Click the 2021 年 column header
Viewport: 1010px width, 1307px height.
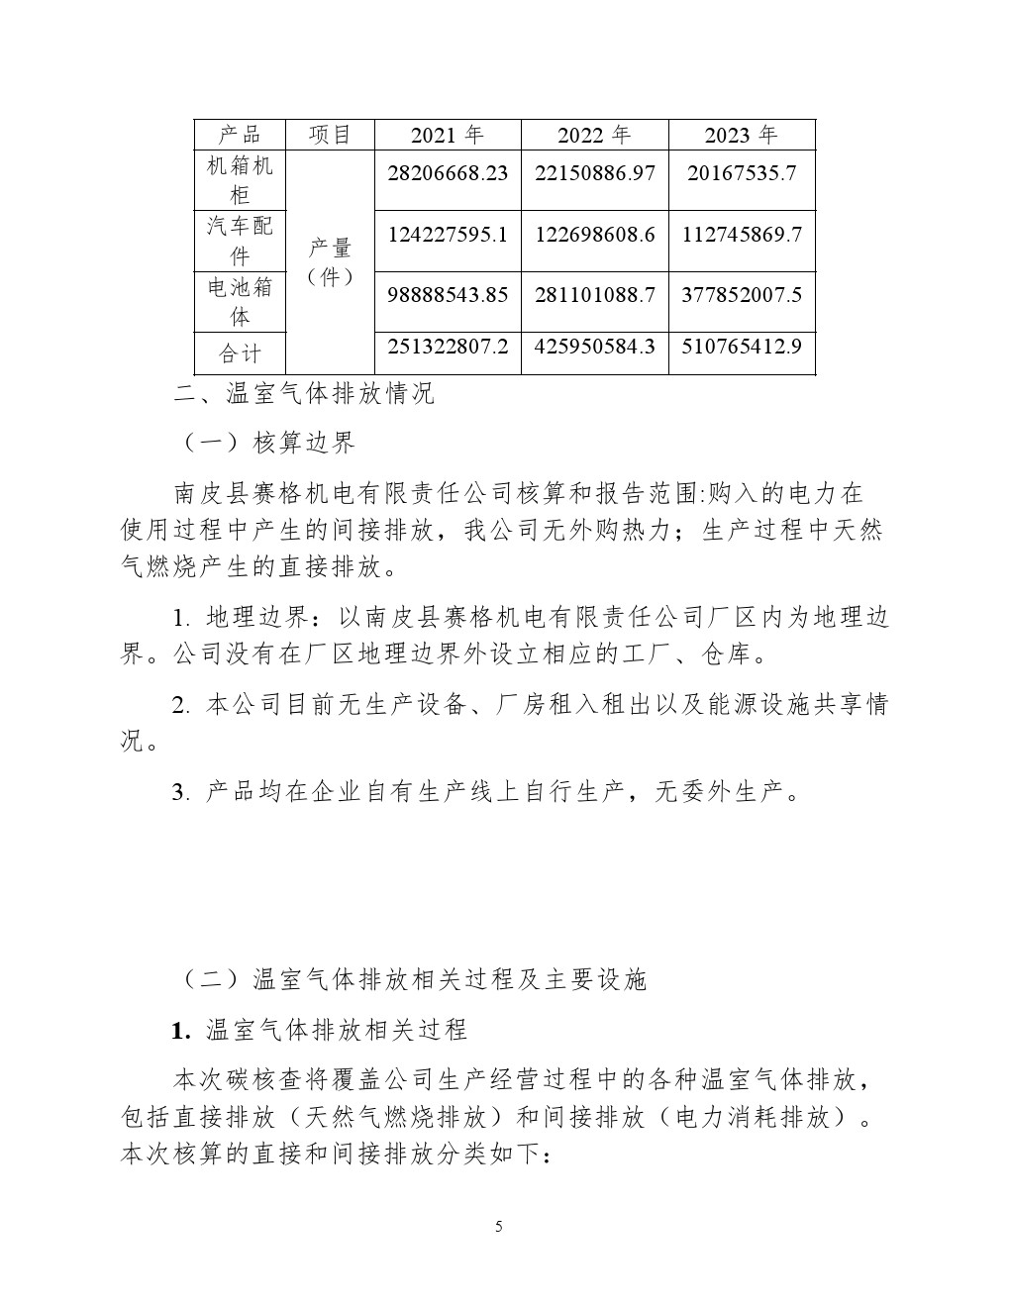point(448,136)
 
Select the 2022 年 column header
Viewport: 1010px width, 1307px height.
point(594,136)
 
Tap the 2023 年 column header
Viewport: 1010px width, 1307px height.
point(741,136)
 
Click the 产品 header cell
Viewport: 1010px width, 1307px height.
point(240,136)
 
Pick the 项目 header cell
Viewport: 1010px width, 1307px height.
point(330,136)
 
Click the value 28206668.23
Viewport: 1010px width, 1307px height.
point(448,173)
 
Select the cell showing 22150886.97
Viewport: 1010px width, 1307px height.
point(594,173)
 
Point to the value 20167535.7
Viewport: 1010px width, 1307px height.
point(741,173)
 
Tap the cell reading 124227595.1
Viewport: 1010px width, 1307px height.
point(448,235)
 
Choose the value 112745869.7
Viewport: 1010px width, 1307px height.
point(741,235)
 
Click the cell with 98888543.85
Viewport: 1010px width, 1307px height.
point(448,295)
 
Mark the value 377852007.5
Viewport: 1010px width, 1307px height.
point(741,295)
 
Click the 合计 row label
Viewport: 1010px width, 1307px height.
point(240,353)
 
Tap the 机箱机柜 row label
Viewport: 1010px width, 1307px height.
point(240,179)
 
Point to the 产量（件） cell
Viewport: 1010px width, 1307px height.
point(330,262)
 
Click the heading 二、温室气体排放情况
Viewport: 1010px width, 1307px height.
point(304,394)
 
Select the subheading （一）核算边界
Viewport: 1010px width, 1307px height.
point(268,443)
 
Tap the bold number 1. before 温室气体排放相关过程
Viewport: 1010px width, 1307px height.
point(180,1031)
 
